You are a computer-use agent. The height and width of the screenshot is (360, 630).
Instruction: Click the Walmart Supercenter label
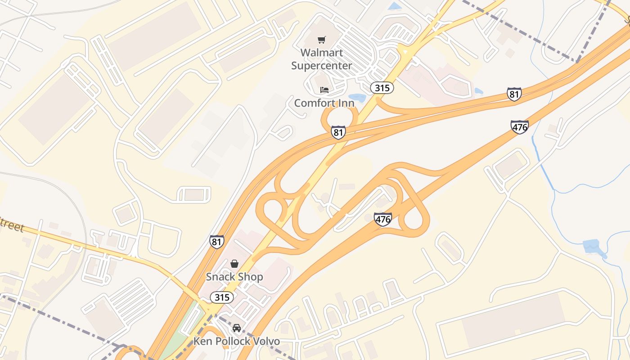tap(321, 59)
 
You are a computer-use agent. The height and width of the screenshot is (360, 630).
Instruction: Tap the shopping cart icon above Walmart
tap(321, 40)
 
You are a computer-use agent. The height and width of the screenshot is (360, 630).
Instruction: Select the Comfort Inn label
tap(324, 103)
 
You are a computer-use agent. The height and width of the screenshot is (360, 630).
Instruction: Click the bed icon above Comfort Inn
tap(324, 90)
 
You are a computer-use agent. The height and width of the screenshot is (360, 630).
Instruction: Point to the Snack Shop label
tap(234, 277)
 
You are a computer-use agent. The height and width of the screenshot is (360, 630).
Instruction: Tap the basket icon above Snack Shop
tap(234, 263)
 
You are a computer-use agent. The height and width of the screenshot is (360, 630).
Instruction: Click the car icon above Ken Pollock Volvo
tap(236, 328)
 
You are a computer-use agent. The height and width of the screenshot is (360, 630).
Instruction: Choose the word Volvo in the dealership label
tap(264, 341)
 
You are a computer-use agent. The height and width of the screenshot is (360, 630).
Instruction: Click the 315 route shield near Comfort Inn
tap(382, 88)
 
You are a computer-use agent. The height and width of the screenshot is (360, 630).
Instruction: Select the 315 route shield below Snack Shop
tap(222, 297)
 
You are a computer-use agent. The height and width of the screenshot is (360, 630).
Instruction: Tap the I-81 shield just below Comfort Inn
tap(338, 132)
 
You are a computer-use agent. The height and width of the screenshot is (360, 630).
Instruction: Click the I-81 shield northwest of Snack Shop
tap(216, 242)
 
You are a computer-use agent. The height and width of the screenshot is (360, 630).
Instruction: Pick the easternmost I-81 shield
tap(514, 94)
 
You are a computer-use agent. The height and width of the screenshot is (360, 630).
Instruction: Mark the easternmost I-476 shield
tap(519, 127)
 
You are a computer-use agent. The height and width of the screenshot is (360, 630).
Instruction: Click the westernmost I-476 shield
tap(382, 219)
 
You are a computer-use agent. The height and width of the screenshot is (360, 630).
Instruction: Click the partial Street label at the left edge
tap(12, 225)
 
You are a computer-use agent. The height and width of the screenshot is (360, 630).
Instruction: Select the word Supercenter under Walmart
tap(321, 66)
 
